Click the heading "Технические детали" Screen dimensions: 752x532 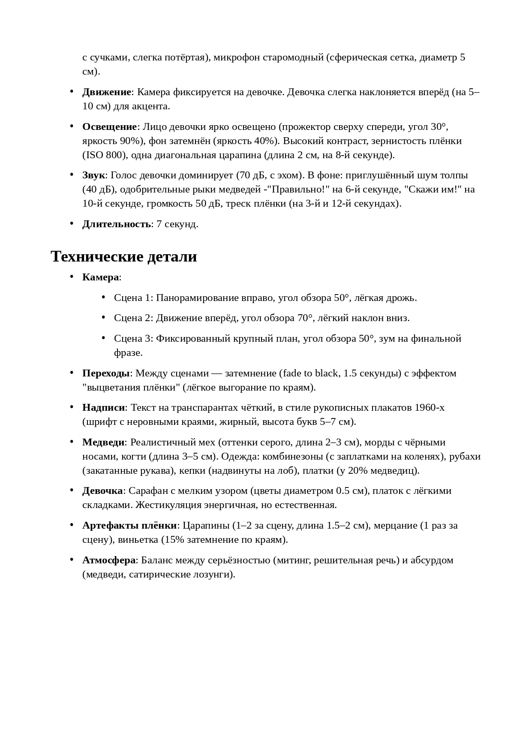pyautogui.click(x=124, y=256)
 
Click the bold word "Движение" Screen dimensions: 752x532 pyautogui.click(x=106, y=92)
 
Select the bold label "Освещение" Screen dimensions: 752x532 pyautogui.click(x=109, y=127)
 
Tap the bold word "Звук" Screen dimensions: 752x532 pyautogui.click(x=93, y=175)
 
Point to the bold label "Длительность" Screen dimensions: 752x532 pyautogui.click(x=116, y=224)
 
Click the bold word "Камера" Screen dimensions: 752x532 pyautogui.click(x=100, y=277)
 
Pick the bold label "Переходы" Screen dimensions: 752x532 pyautogui.click(x=106, y=373)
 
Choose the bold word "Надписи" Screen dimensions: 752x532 pyautogui.click(x=103, y=408)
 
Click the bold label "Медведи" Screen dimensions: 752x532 pyautogui.click(x=103, y=442)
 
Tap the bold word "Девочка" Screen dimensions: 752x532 pyautogui.click(x=102, y=491)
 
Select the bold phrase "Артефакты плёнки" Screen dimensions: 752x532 pyautogui.click(x=129, y=526)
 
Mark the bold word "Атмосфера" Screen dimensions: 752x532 pyautogui.click(x=109, y=560)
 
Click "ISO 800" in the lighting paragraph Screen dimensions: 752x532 pyautogui.click(x=103, y=155)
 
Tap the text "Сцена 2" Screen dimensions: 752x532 pyautogui.click(x=133, y=318)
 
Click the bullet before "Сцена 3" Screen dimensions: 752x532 pyautogui.click(x=104, y=338)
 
